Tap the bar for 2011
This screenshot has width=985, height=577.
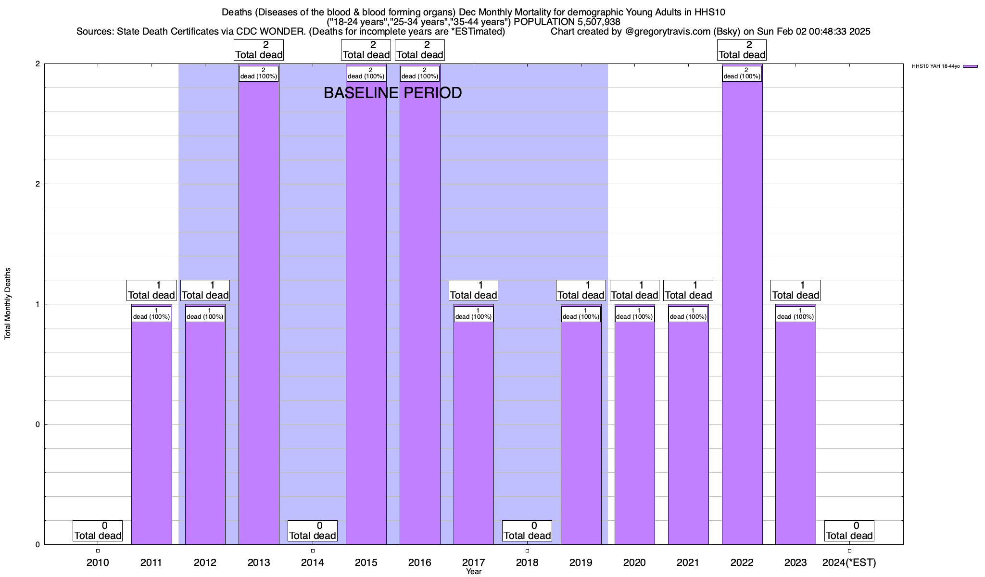[152, 433]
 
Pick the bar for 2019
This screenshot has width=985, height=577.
[581, 433]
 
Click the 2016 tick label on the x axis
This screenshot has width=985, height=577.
[420, 562]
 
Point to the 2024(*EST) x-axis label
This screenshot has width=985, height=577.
[849, 562]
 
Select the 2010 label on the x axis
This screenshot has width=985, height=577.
[98, 562]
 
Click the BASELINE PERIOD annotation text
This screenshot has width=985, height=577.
[392, 93]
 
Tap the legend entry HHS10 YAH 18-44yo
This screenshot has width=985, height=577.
[935, 66]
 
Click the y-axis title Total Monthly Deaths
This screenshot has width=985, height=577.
[8, 304]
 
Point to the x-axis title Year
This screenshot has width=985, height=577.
[474, 572]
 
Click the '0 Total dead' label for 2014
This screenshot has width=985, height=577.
[313, 531]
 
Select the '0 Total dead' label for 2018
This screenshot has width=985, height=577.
[527, 531]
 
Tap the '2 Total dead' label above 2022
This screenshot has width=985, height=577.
[742, 50]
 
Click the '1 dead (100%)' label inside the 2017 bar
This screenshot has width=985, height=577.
[474, 314]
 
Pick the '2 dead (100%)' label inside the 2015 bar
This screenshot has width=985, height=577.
[366, 73]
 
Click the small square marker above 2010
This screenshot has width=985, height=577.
[98, 551]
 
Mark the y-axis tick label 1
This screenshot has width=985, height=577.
[38, 304]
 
